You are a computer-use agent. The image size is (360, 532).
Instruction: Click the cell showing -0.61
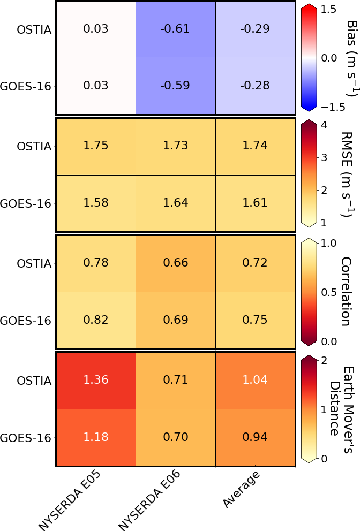(175, 29)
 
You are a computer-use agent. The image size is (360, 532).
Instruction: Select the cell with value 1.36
(96, 380)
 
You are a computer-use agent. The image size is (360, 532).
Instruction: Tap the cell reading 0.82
(96, 320)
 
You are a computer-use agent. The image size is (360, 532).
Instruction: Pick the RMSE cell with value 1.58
(96, 203)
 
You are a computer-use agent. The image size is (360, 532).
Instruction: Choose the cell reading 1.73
(175, 146)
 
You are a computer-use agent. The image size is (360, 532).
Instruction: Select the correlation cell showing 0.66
(175, 263)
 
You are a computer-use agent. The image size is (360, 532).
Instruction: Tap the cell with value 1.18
(96, 437)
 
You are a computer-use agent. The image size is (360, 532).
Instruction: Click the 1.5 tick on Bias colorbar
(329, 9)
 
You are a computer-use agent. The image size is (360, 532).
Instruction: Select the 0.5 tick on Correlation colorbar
(329, 292)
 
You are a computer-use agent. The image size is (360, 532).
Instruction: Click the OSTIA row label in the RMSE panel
(34, 146)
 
